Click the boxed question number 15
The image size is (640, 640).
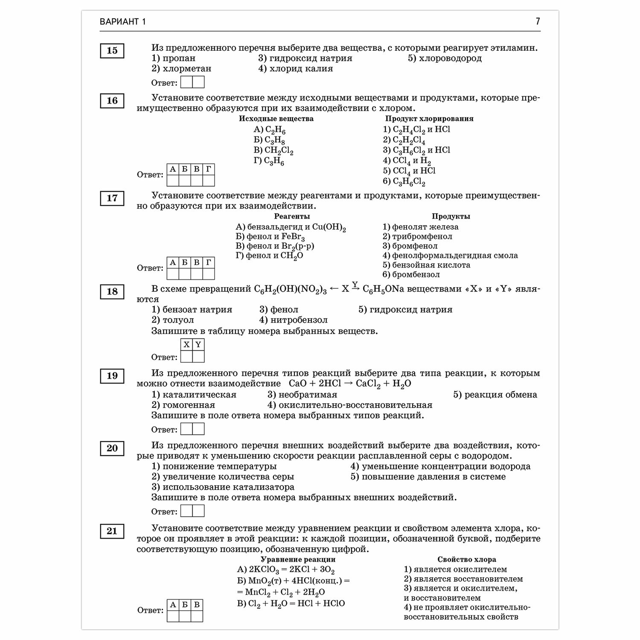click(112, 51)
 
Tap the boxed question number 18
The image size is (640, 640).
click(112, 292)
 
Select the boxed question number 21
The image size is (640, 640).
click(112, 531)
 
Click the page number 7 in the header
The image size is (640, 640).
click(538, 21)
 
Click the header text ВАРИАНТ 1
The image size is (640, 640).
click(123, 22)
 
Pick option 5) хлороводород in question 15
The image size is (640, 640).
click(445, 58)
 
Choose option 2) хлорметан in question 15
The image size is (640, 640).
click(181, 69)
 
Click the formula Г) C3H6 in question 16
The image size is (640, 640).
click(269, 161)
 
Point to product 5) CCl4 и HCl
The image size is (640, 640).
click(409, 171)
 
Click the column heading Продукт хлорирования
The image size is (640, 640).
click(429, 119)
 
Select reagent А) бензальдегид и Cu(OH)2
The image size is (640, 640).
click(291, 227)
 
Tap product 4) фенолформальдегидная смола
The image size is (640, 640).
click(450, 256)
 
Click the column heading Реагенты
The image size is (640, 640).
click(292, 217)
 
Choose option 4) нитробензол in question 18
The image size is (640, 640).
click(293, 320)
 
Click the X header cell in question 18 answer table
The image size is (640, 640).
click(186, 345)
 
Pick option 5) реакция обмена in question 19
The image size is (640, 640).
click(495, 395)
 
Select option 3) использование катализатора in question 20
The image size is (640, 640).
click(223, 487)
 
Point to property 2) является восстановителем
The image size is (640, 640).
click(463, 579)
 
